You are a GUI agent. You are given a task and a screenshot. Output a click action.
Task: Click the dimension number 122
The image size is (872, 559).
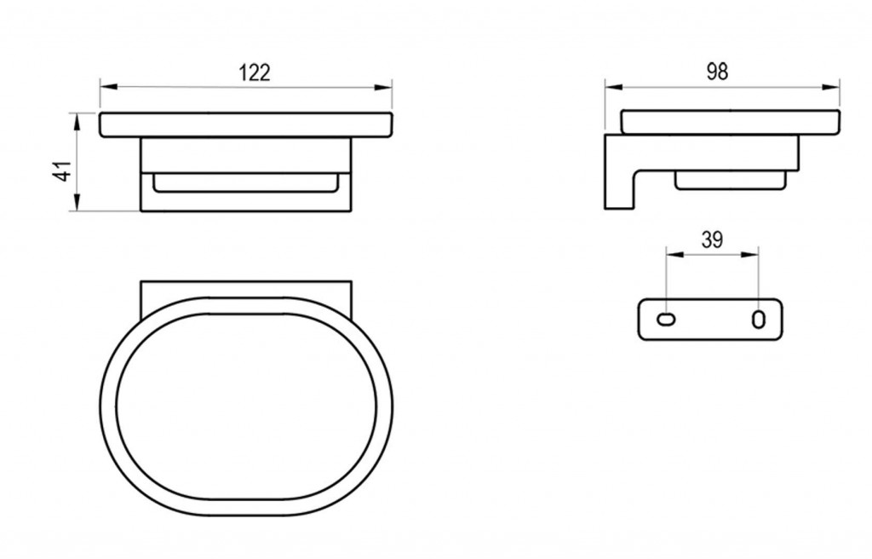(254, 73)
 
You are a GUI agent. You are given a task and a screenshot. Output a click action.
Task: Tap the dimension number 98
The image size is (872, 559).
(717, 72)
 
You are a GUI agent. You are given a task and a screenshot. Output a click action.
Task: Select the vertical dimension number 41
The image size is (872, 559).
(64, 170)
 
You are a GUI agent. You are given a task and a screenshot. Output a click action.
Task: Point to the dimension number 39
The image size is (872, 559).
(712, 240)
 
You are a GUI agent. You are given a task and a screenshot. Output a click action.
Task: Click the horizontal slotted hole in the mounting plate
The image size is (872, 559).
(666, 319)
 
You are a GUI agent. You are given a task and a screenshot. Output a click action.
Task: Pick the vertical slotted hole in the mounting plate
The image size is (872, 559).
(759, 320)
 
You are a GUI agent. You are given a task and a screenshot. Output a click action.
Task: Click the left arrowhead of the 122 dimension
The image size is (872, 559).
(109, 87)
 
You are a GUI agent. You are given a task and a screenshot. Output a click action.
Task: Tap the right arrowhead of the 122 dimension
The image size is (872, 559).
(383, 87)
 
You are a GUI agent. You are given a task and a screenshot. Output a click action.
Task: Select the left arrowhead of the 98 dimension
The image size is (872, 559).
(614, 87)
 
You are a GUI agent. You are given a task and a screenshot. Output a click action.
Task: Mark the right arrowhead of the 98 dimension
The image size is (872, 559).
(831, 87)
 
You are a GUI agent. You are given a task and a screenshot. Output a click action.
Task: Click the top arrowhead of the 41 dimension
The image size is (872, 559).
(77, 121)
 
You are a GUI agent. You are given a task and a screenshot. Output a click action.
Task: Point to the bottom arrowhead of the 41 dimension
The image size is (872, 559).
(77, 202)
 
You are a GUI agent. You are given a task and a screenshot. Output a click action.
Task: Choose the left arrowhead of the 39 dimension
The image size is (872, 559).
(675, 255)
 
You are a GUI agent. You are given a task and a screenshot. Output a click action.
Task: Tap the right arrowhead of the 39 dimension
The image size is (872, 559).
(749, 255)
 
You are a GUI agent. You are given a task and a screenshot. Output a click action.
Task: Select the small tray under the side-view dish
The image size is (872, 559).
(731, 181)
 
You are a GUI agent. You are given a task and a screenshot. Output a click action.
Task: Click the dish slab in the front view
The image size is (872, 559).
(246, 124)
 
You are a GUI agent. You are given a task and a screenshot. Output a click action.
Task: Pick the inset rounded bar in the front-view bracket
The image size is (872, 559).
(246, 183)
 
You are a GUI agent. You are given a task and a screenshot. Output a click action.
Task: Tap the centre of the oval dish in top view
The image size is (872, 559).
(246, 407)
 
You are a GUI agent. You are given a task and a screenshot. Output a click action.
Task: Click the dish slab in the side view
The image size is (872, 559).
(730, 122)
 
